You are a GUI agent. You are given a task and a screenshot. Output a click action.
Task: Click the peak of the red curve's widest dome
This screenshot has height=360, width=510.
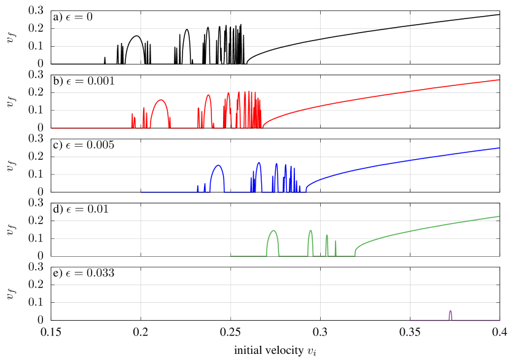(x=160, y=100)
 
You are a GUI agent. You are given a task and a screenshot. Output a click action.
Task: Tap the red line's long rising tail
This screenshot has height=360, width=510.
(x=381, y=97)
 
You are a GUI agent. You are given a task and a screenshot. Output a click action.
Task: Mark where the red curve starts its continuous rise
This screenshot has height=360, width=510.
(x=264, y=127)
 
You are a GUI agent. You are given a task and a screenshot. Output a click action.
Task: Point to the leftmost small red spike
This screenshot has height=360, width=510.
(x=132, y=114)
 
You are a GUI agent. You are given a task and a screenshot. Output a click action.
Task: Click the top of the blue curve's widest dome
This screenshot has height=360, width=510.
(x=218, y=165)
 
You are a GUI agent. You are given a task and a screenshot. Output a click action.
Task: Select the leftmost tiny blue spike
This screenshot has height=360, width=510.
(x=197, y=186)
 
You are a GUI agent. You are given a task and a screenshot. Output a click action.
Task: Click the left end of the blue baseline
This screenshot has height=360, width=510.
(x=141, y=192)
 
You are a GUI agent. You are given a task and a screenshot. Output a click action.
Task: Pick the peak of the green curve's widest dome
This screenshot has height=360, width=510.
(x=273, y=231)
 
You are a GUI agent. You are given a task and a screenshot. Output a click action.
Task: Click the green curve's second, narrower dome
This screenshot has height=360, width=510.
(x=310, y=231)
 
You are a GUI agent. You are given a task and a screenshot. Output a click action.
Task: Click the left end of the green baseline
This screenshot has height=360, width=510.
(x=231, y=256)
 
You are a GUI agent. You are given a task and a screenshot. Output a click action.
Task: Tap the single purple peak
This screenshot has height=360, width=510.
(x=450, y=311)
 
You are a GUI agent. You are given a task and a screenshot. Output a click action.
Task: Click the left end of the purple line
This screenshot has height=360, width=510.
(x=410, y=320)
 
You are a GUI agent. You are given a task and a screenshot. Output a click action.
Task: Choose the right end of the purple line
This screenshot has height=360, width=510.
(x=499, y=320)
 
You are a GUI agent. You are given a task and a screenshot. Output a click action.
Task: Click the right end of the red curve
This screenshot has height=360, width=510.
(x=499, y=80)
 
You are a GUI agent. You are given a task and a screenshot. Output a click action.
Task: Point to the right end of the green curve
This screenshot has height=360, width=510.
(x=499, y=216)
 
